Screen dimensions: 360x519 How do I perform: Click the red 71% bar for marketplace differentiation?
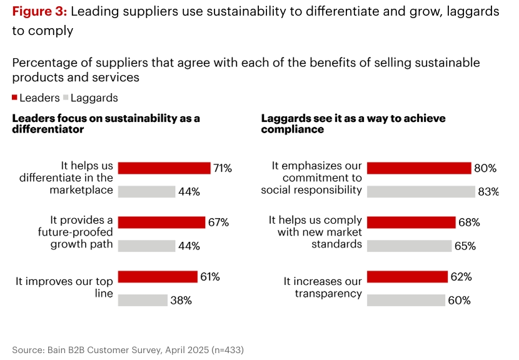[x=164, y=168]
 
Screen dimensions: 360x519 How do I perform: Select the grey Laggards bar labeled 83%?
[x=420, y=192]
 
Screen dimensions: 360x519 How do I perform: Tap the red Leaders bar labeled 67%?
[x=161, y=222]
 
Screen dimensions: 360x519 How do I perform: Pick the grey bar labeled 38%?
[x=142, y=300]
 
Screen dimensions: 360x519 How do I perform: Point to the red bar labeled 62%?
[x=407, y=277]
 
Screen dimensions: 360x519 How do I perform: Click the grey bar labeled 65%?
[x=409, y=246]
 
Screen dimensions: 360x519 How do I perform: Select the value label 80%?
[x=485, y=169]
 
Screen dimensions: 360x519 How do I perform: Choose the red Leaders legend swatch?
[x=15, y=98]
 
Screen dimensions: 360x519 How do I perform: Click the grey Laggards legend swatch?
[x=66, y=98]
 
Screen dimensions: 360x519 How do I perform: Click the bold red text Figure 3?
[x=39, y=12]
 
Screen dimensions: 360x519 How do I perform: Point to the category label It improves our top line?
[x=64, y=287]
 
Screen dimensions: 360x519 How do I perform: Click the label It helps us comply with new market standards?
[x=316, y=232]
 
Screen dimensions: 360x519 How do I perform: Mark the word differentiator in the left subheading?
[x=48, y=129]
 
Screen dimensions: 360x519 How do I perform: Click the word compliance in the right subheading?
[x=292, y=129]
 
